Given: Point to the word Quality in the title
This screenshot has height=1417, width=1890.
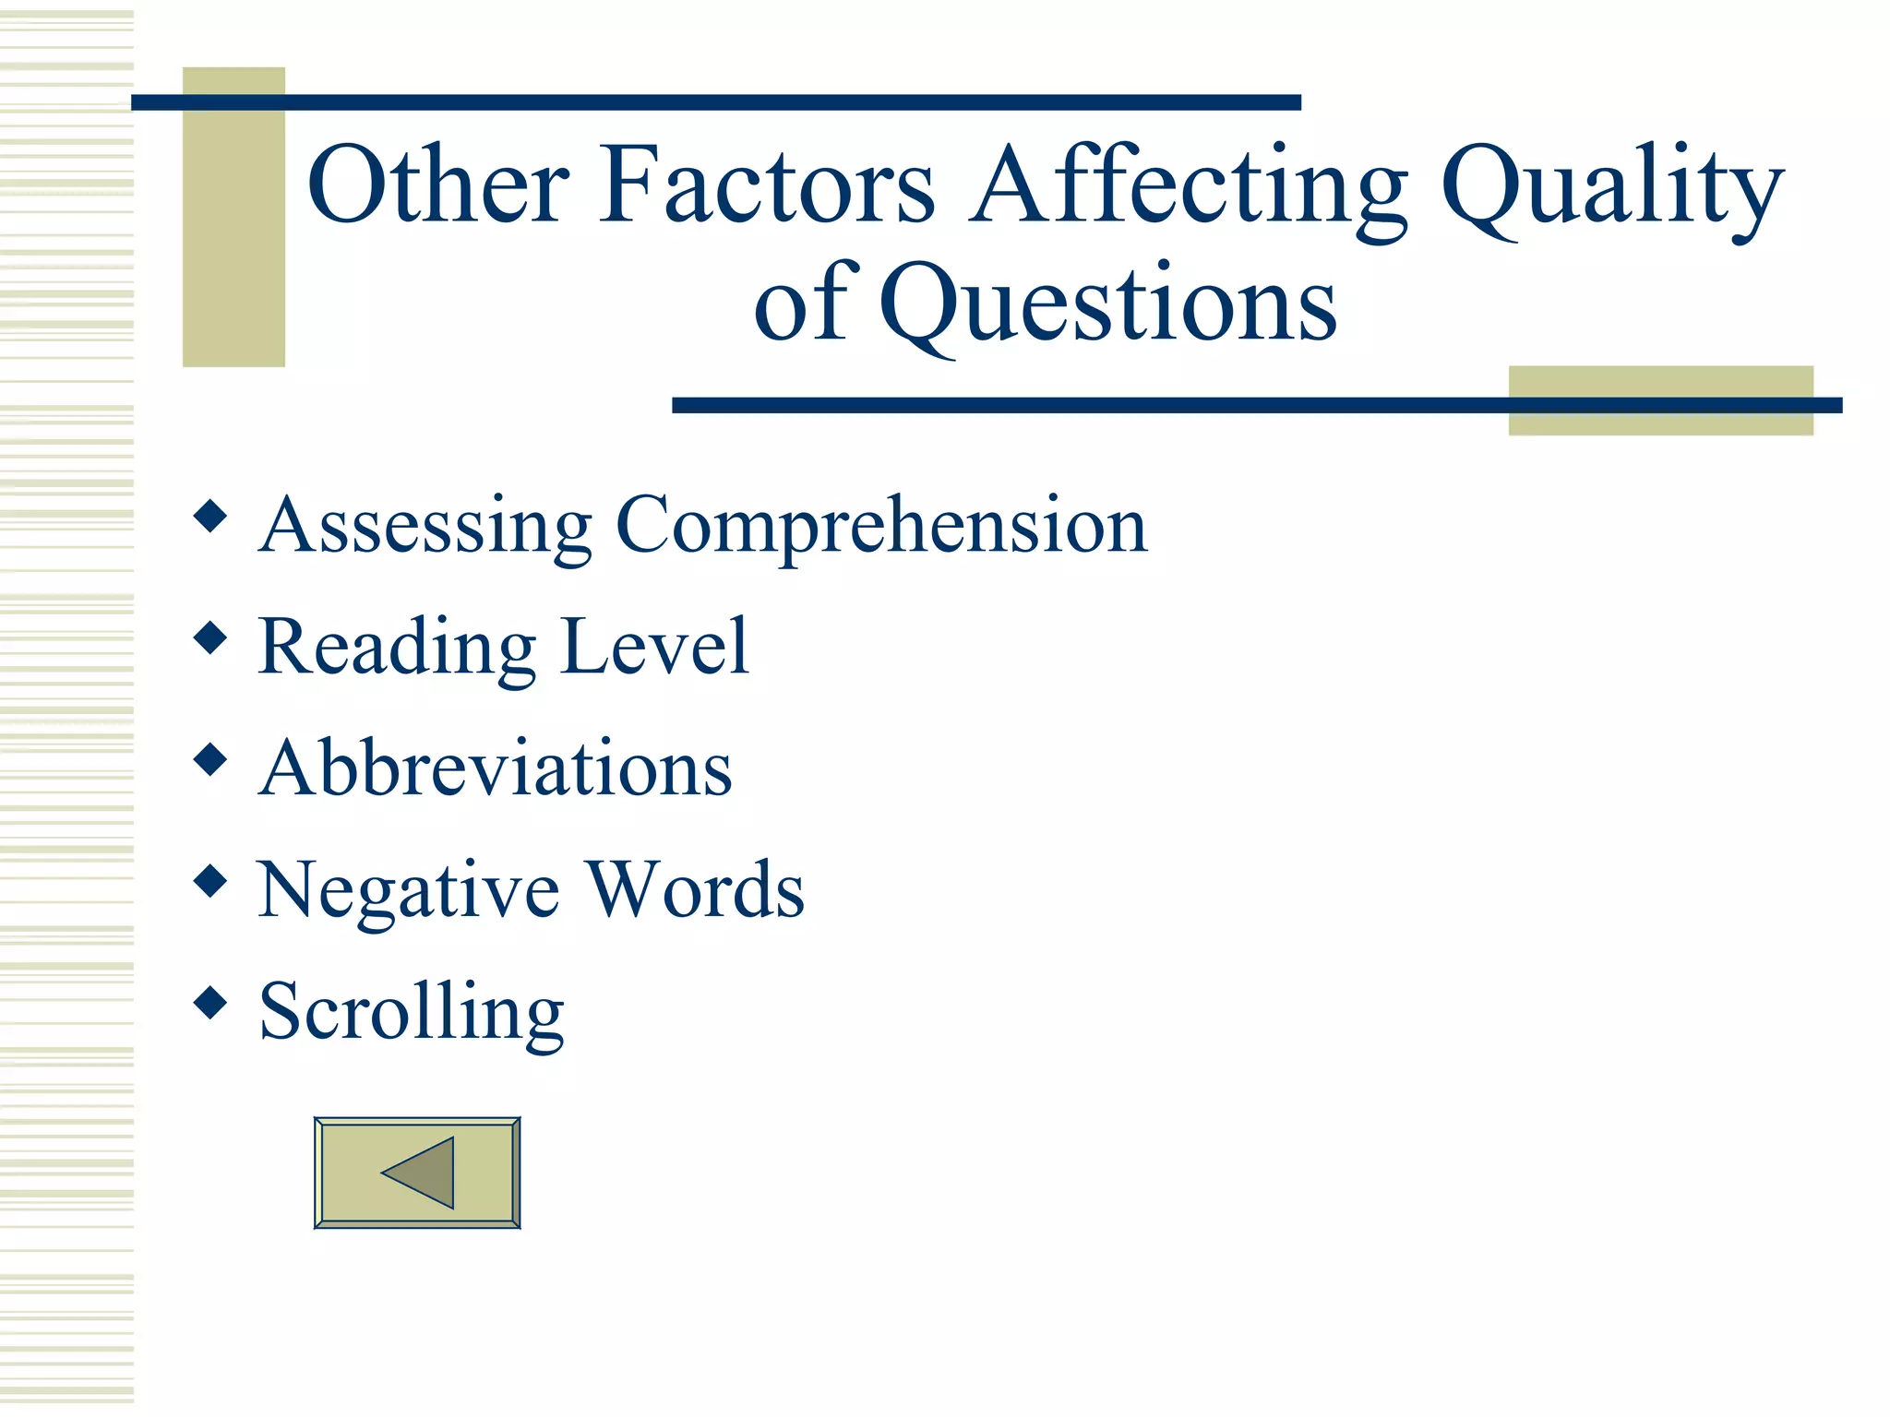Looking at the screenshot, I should point(1611,189).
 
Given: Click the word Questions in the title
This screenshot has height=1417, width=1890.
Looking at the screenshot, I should point(1107,304).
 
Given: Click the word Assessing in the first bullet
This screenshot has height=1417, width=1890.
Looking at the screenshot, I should point(425,526).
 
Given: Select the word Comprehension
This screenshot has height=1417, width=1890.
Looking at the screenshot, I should point(881,526).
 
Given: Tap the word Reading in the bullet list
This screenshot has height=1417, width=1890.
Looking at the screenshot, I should point(397,648).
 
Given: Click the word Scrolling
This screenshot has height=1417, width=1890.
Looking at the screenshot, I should point(412,1013).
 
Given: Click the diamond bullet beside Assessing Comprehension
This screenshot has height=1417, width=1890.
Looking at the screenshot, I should point(211,516).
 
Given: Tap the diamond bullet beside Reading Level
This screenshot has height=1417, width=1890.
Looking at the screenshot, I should point(211,637).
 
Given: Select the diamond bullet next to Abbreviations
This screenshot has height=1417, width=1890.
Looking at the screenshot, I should point(211,759).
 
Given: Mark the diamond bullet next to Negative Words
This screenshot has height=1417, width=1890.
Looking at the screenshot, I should point(211,881).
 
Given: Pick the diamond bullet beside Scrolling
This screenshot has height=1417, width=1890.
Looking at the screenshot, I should point(211,1003).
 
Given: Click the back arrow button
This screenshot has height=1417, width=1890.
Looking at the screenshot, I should point(417,1173).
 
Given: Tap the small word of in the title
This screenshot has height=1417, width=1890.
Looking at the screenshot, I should point(800,304).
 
